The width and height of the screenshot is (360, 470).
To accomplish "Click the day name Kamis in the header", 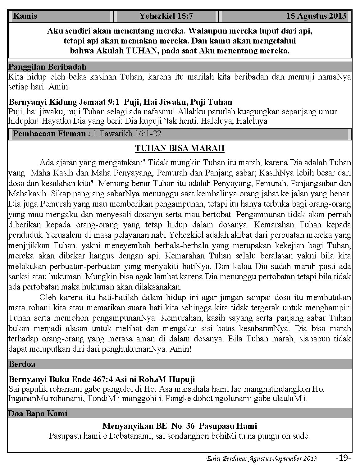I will tap(25, 16).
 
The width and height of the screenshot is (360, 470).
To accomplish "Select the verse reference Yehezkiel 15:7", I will tap(166, 16).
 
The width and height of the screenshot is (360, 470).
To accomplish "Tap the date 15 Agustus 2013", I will tap(316, 16).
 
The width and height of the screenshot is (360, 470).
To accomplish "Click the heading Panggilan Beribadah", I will tap(48, 67).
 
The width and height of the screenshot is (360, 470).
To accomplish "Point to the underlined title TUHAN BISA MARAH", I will tap(180, 148).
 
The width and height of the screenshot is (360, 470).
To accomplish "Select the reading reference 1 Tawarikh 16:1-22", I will tap(127, 134).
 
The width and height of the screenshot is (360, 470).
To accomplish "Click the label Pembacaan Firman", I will tap(52, 134).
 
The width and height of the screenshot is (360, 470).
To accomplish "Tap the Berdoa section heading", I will tap(22, 364).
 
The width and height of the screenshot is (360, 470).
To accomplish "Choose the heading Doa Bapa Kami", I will tap(38, 413).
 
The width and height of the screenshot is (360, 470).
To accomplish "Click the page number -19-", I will tap(343, 458).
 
